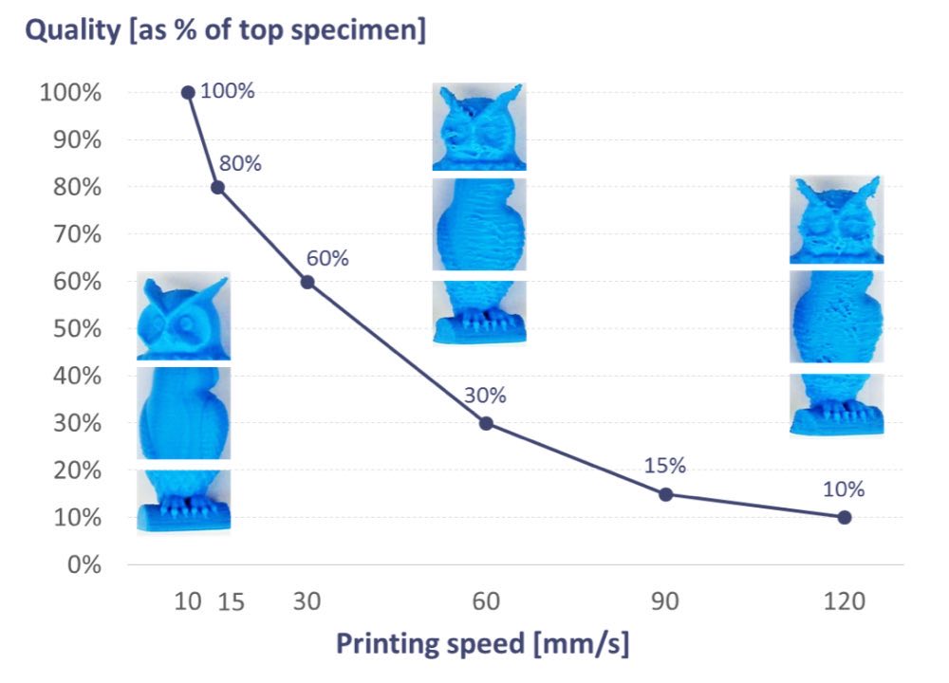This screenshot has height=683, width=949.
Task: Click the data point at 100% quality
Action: [x=188, y=92]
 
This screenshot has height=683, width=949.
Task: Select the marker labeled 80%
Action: [x=217, y=187]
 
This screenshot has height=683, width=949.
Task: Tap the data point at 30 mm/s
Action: [x=307, y=282]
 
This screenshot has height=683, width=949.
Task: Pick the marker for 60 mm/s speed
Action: [x=486, y=423]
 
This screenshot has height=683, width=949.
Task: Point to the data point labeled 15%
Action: [x=665, y=494]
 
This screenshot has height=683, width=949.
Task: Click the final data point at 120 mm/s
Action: [x=845, y=517]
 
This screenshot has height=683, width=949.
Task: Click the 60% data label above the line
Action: [x=327, y=257]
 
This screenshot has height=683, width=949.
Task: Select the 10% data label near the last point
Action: [x=844, y=489]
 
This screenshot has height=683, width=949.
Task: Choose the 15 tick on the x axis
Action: [x=231, y=602]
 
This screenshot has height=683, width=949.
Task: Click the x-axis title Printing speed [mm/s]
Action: [x=483, y=644]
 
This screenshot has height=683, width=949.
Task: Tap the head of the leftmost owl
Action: [x=183, y=318]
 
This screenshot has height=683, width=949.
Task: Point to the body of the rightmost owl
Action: [x=836, y=316]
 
